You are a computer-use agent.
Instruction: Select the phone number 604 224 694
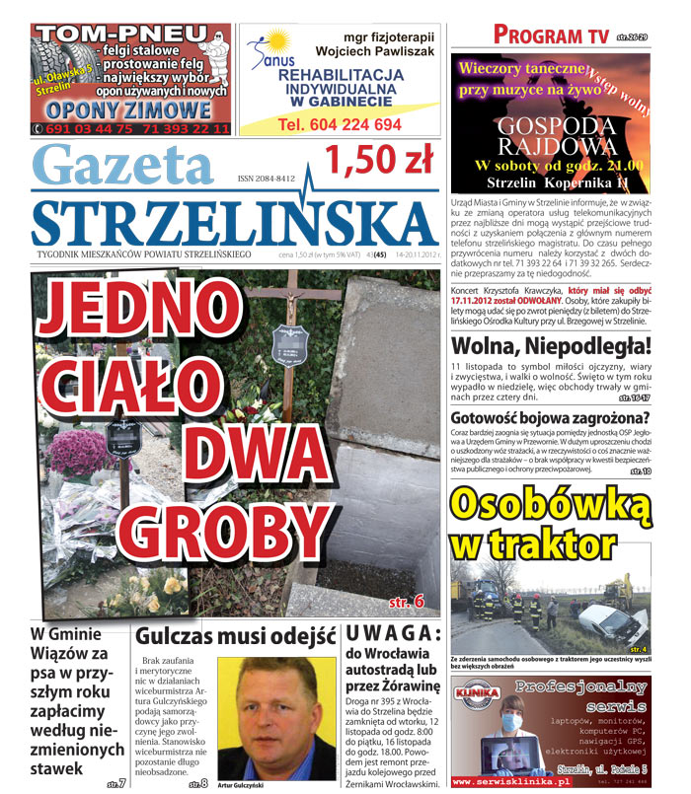340,125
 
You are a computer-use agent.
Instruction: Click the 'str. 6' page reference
406,600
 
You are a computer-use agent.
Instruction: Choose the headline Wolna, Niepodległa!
551,346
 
